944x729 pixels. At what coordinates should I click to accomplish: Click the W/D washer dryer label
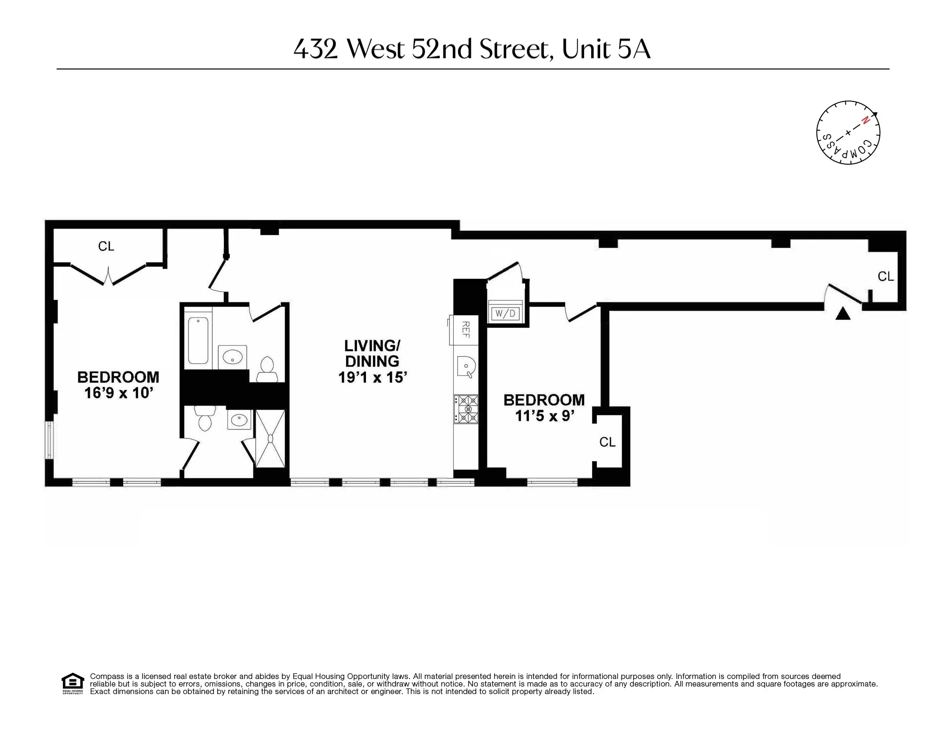[x=505, y=313]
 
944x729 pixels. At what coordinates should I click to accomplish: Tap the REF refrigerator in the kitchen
[x=465, y=329]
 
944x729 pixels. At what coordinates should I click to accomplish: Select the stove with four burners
[x=466, y=409]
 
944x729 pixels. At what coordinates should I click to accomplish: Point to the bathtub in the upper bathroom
[x=198, y=341]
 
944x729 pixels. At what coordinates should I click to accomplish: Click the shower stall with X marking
[x=270, y=438]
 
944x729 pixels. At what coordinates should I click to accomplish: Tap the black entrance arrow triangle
[x=842, y=314]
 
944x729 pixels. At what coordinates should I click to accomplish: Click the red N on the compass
[x=865, y=120]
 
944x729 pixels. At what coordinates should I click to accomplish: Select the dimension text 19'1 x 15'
[x=372, y=377]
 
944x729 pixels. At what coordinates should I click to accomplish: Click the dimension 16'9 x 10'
[x=119, y=393]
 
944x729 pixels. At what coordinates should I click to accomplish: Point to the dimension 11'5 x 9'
[x=544, y=416]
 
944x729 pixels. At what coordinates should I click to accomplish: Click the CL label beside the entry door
[x=885, y=277]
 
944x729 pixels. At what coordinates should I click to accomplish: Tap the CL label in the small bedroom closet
[x=607, y=442]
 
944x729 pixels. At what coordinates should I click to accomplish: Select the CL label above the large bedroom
[x=106, y=246]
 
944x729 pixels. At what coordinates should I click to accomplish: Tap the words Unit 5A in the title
[x=606, y=49]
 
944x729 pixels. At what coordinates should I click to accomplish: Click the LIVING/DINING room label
[x=372, y=353]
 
